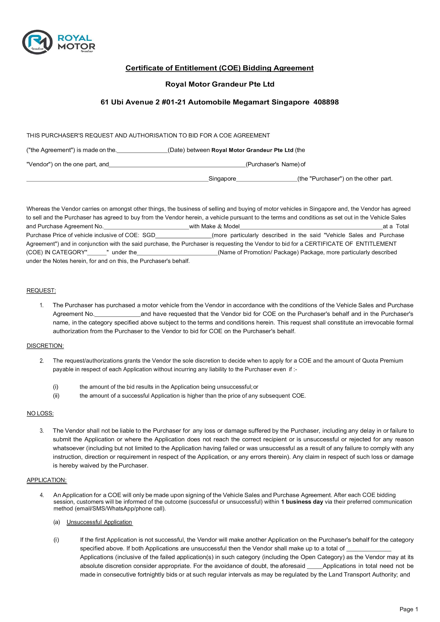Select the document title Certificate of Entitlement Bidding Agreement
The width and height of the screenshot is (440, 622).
coord(219,68)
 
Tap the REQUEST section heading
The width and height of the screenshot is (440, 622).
coord(41,291)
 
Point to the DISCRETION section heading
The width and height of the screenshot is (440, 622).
coord(45,346)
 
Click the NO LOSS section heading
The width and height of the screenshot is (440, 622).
coord(40,413)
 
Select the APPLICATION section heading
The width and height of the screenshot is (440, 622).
coord(47,480)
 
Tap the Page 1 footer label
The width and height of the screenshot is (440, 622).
coord(409,609)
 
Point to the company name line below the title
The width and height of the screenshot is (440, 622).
coord(220,84)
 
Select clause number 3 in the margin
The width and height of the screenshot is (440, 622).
coord(42,431)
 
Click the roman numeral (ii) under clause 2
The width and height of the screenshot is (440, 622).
coord(56,396)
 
